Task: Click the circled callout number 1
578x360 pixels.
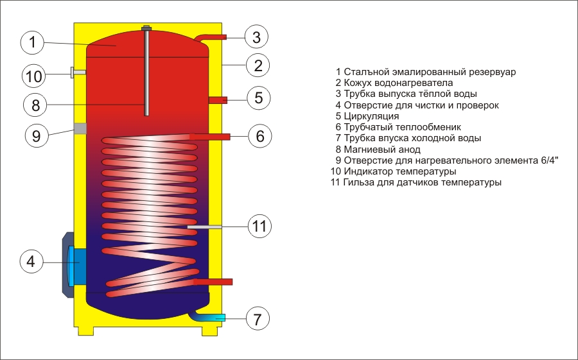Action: [33, 43]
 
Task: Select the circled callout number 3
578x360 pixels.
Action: [256, 37]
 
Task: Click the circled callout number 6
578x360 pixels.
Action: [259, 136]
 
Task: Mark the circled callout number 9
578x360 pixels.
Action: [37, 135]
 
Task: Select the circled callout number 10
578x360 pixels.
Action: [33, 76]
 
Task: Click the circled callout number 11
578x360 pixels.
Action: [259, 226]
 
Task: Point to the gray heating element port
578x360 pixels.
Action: [80, 128]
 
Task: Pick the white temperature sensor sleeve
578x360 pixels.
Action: [204, 227]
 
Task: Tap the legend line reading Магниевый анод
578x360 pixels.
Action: [382, 149]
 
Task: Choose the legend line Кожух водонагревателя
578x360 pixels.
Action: [398, 83]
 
